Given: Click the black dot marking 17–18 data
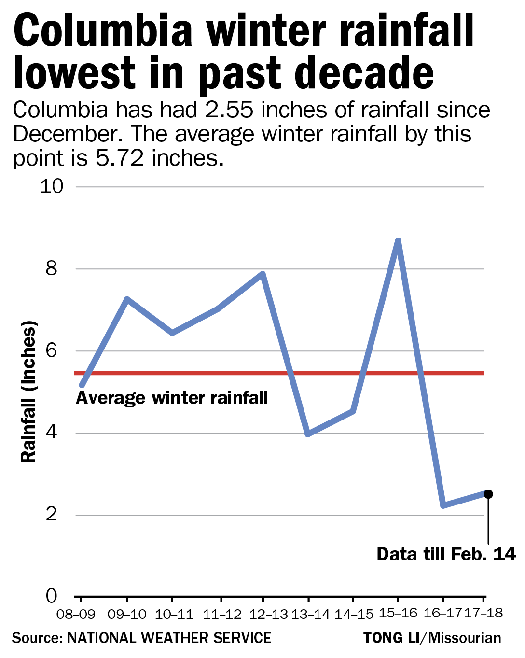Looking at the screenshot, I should click(488, 494).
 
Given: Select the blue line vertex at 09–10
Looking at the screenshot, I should click(127, 300).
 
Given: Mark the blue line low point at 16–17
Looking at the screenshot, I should click(443, 505).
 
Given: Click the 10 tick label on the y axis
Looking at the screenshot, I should click(52, 186).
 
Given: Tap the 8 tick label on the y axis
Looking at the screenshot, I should click(52, 268).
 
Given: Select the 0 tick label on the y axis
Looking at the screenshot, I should click(52, 597).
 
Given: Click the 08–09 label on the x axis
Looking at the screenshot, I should click(76, 615).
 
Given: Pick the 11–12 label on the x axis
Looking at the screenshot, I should click(222, 615).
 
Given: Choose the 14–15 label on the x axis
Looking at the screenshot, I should click(354, 615).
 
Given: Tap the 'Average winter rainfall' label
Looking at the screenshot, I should click(172, 398).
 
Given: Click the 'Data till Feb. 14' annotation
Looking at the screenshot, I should click(446, 554).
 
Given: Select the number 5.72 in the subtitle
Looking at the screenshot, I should click(120, 158).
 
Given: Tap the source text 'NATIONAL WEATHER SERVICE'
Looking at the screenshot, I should click(169, 638).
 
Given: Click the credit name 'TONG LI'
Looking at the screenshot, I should click(391, 638).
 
